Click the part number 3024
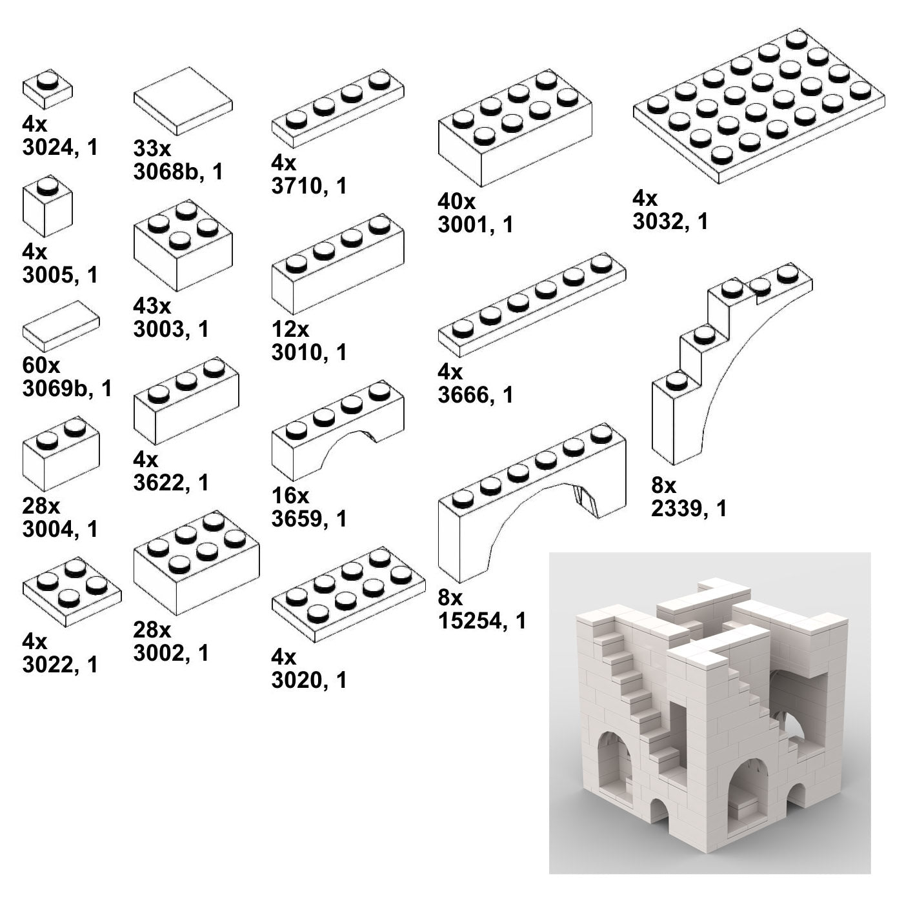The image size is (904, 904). (47, 148)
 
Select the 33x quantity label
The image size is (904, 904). (152, 148)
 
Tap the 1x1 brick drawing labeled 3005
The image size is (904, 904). (47, 206)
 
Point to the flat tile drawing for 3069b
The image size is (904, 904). (61, 326)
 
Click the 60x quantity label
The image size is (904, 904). (41, 365)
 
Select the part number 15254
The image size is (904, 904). (470, 621)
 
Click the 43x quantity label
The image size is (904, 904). (152, 306)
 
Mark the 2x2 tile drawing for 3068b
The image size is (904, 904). (183, 101)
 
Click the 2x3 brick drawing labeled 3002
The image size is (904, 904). (197, 563)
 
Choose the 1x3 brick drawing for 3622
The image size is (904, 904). (186, 401)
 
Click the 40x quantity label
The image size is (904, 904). (456, 202)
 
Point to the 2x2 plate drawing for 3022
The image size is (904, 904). (72, 592)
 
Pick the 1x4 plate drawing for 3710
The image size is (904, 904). (337, 109)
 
